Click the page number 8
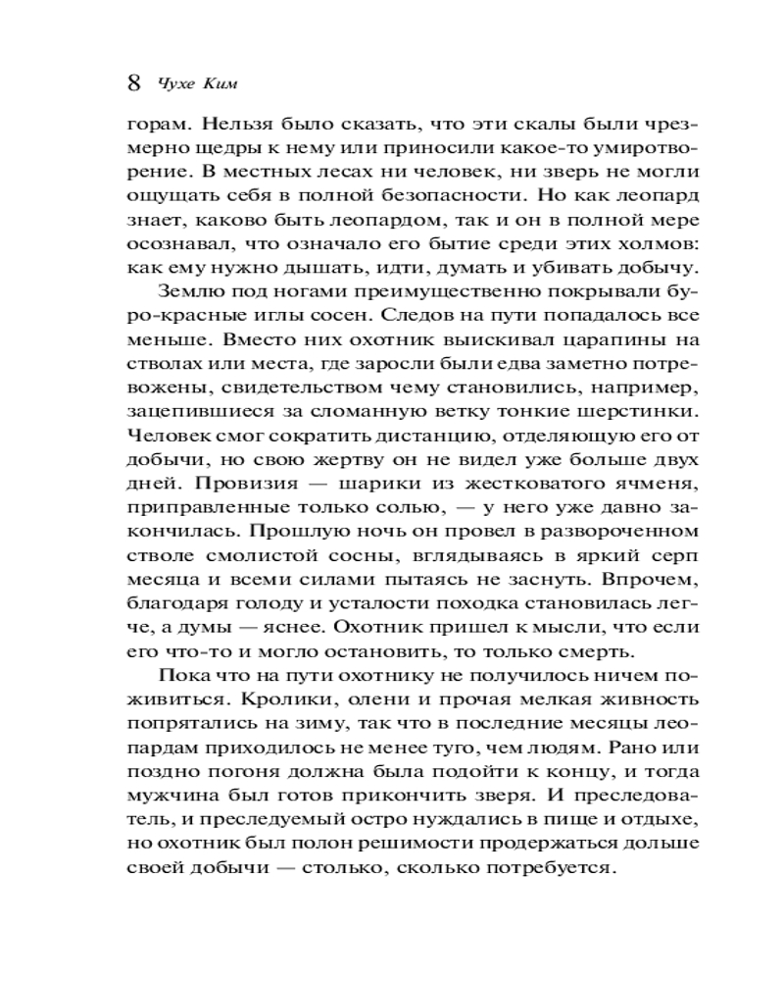[135, 81]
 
